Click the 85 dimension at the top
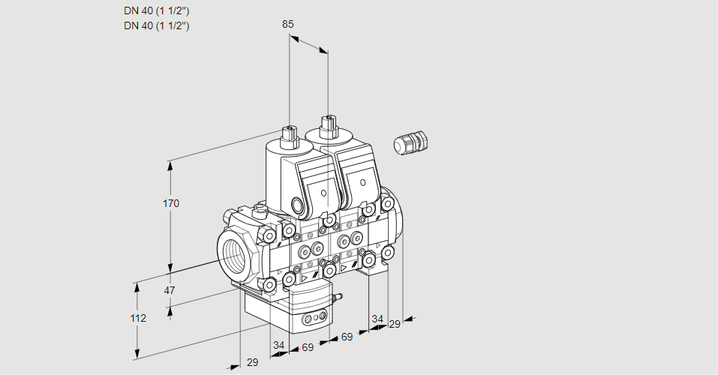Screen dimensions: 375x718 pyautogui.click(x=287, y=24)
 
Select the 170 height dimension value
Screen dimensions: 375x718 pyautogui.click(x=171, y=203)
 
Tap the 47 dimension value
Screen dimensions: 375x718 pyautogui.click(x=170, y=290)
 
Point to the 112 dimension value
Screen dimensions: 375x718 pyautogui.click(x=137, y=318)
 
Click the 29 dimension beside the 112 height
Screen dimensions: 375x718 pyautogui.click(x=252, y=362)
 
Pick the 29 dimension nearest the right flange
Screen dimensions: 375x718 pyautogui.click(x=394, y=324)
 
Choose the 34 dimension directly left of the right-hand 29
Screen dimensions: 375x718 pyautogui.click(x=377, y=319)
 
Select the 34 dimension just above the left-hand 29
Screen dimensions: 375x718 pyautogui.click(x=278, y=345)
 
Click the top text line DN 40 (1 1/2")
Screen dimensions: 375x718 pyautogui.click(x=156, y=10)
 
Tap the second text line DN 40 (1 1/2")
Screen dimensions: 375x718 pyautogui.click(x=156, y=25)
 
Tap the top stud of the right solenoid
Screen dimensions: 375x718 pyautogui.click(x=326, y=122)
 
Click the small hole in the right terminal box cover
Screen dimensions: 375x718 pyautogui.click(x=363, y=181)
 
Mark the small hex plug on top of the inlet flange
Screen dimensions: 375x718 pyautogui.click(x=260, y=211)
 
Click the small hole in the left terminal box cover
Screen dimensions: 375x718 pyautogui.click(x=324, y=193)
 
